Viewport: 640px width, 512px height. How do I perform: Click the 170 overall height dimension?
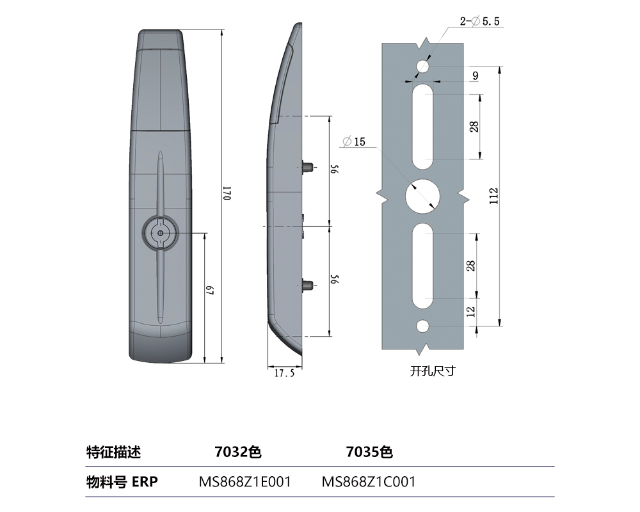point(226,194)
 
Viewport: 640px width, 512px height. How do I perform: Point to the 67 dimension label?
point(209,292)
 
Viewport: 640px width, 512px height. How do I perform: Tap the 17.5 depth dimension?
point(284,373)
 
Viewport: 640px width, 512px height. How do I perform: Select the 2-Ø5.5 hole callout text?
point(480,22)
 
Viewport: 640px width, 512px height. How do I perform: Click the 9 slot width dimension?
point(474,76)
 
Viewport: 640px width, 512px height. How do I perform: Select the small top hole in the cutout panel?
point(422,66)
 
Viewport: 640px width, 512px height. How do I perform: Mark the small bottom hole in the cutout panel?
point(422,326)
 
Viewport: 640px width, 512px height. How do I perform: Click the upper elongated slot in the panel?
point(422,127)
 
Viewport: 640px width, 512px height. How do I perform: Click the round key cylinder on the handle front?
point(160,234)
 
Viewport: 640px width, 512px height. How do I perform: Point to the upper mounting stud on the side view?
point(308,168)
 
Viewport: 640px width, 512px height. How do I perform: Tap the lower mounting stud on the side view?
point(308,285)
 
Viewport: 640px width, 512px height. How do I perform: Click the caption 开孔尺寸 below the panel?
point(432,371)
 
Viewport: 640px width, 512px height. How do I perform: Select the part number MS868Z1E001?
point(246,482)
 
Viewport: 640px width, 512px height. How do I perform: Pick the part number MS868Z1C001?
point(369,482)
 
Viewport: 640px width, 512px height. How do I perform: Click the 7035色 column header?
point(369,452)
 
